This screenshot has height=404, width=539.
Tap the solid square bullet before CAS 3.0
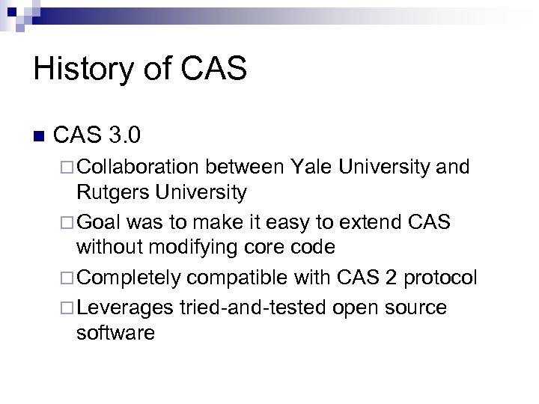coord(40,137)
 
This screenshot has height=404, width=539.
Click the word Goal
coord(100,222)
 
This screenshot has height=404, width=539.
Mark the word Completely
coord(129,278)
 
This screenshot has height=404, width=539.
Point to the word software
coord(115,333)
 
